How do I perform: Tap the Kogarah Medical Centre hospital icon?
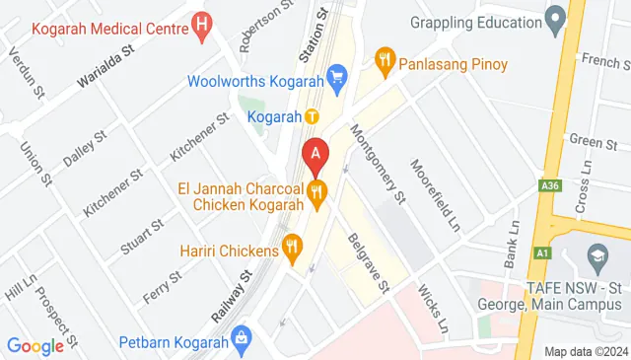point(203,22)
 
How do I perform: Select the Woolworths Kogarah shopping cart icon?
point(337,75)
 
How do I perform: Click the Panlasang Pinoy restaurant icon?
point(386,65)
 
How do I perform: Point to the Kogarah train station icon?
point(312,116)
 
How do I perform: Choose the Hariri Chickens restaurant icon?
point(292,248)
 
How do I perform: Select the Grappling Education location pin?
point(555,17)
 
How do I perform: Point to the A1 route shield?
point(541,252)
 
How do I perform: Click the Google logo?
point(35,345)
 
